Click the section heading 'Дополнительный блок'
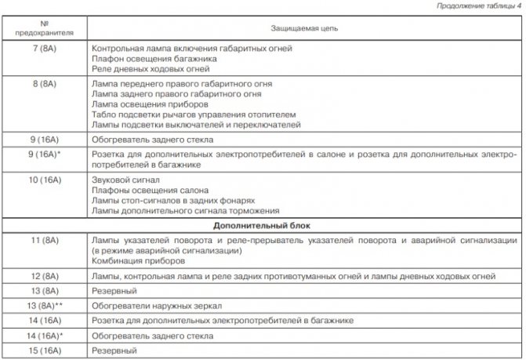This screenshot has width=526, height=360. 262,224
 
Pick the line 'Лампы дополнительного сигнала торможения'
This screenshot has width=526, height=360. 183,211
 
